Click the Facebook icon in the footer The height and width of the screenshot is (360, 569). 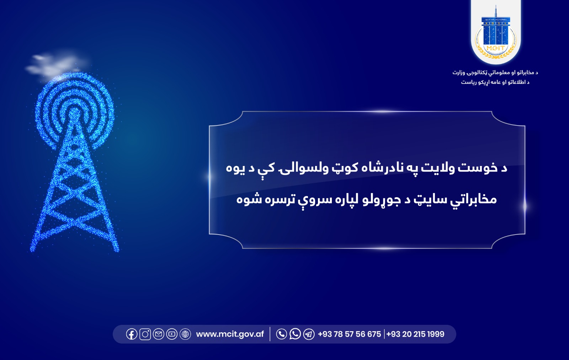click(x=132, y=334)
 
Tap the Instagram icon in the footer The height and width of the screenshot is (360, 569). click(x=145, y=334)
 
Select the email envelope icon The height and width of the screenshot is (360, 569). click(x=159, y=334)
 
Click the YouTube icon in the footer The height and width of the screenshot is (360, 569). click(x=172, y=334)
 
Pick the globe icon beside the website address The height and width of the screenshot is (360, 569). click(x=185, y=334)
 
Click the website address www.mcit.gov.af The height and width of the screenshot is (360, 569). click(x=230, y=334)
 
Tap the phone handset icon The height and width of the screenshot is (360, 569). click(x=281, y=334)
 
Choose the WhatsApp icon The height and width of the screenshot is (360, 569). click(x=295, y=334)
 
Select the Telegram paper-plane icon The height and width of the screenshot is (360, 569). click(x=309, y=334)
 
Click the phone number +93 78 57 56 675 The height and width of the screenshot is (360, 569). click(x=349, y=334)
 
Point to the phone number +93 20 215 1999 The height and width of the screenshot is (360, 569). click(x=415, y=334)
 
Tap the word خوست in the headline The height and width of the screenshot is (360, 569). click(x=477, y=167)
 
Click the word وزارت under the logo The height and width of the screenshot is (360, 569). click(x=459, y=72)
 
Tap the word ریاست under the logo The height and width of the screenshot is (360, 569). click(x=468, y=82)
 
